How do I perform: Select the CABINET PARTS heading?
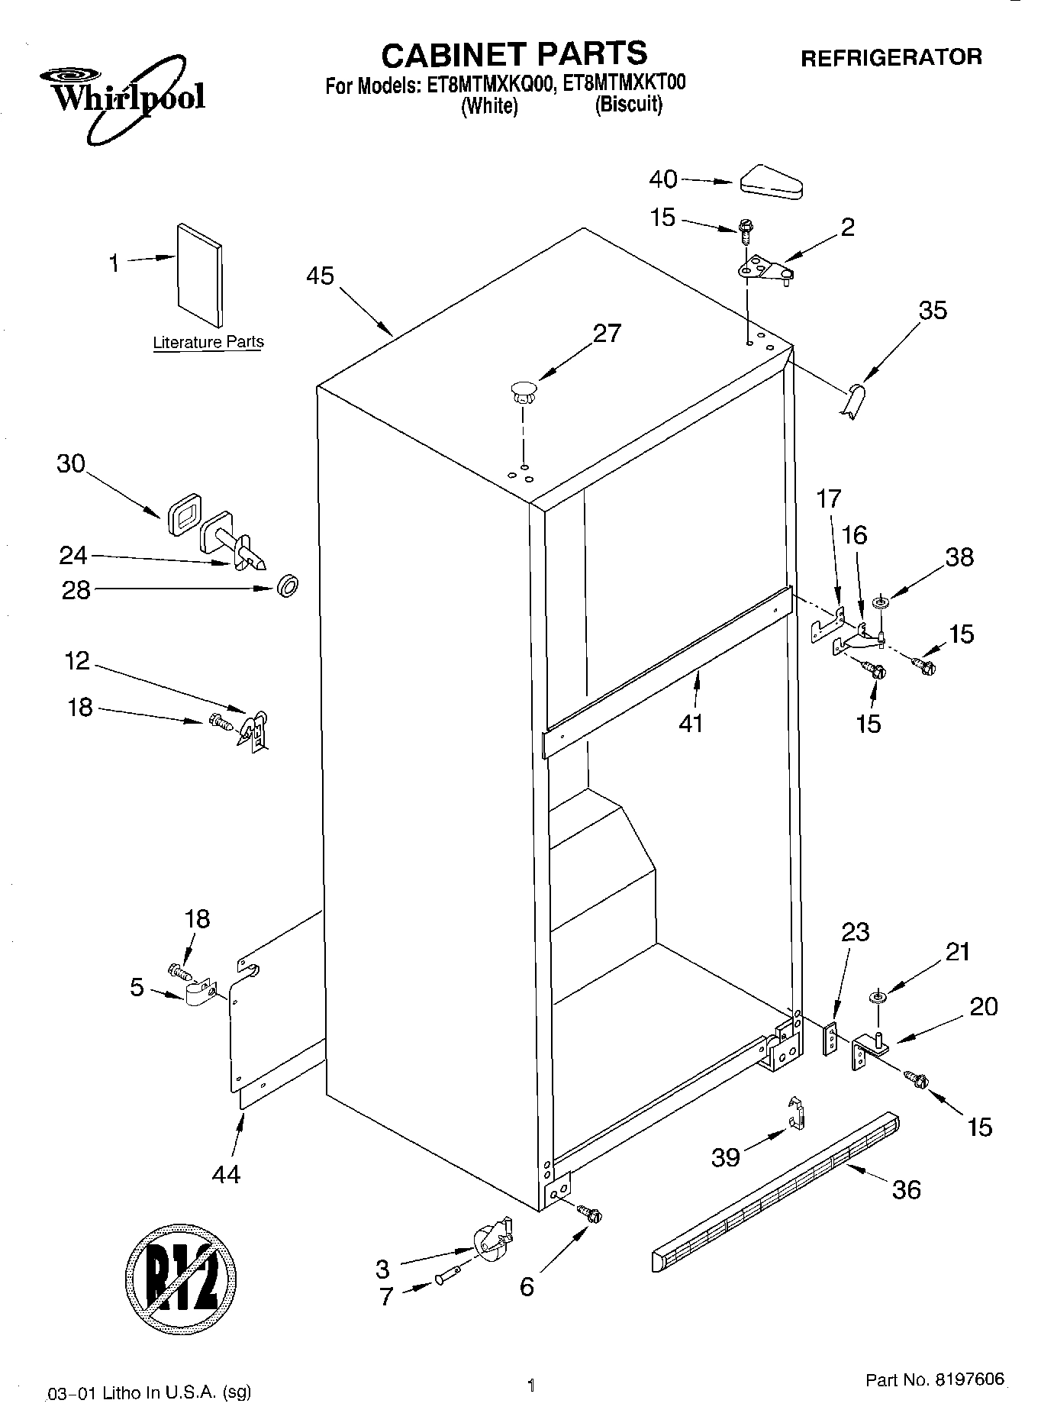point(514,54)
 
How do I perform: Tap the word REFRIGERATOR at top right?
point(891,57)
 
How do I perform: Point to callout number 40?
point(662,179)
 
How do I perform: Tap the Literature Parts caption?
point(208,343)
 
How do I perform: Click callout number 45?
point(320,276)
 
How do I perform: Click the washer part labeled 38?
point(880,605)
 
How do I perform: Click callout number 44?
point(227,1173)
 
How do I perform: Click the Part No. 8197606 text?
point(935,1380)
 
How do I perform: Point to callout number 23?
point(855,932)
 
